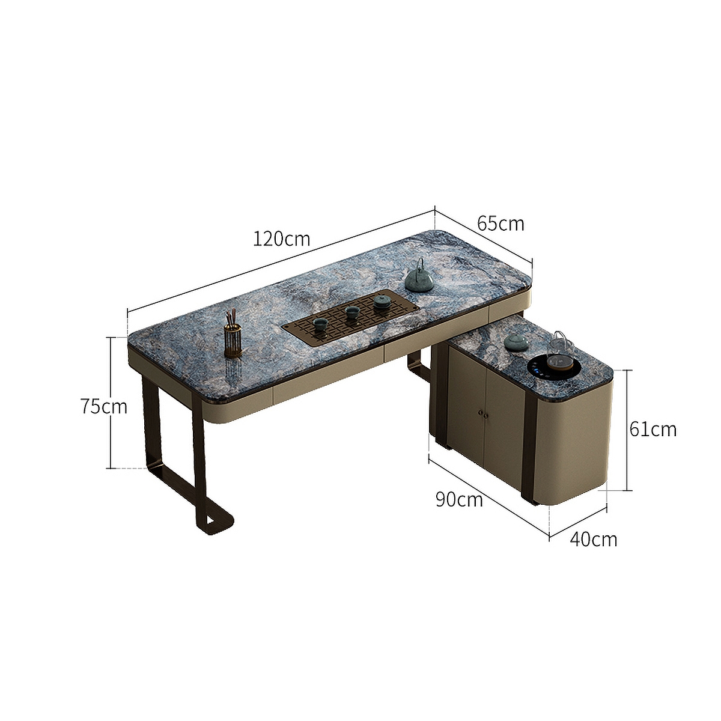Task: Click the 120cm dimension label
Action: (281, 239)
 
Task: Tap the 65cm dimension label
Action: (500, 224)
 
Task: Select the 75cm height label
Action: (104, 407)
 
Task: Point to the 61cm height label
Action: (653, 429)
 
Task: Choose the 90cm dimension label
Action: (459, 499)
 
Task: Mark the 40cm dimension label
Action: (593, 539)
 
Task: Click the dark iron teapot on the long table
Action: (419, 279)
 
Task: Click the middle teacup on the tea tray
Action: (352, 312)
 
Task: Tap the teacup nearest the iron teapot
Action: (381, 301)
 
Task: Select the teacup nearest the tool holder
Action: (320, 324)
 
